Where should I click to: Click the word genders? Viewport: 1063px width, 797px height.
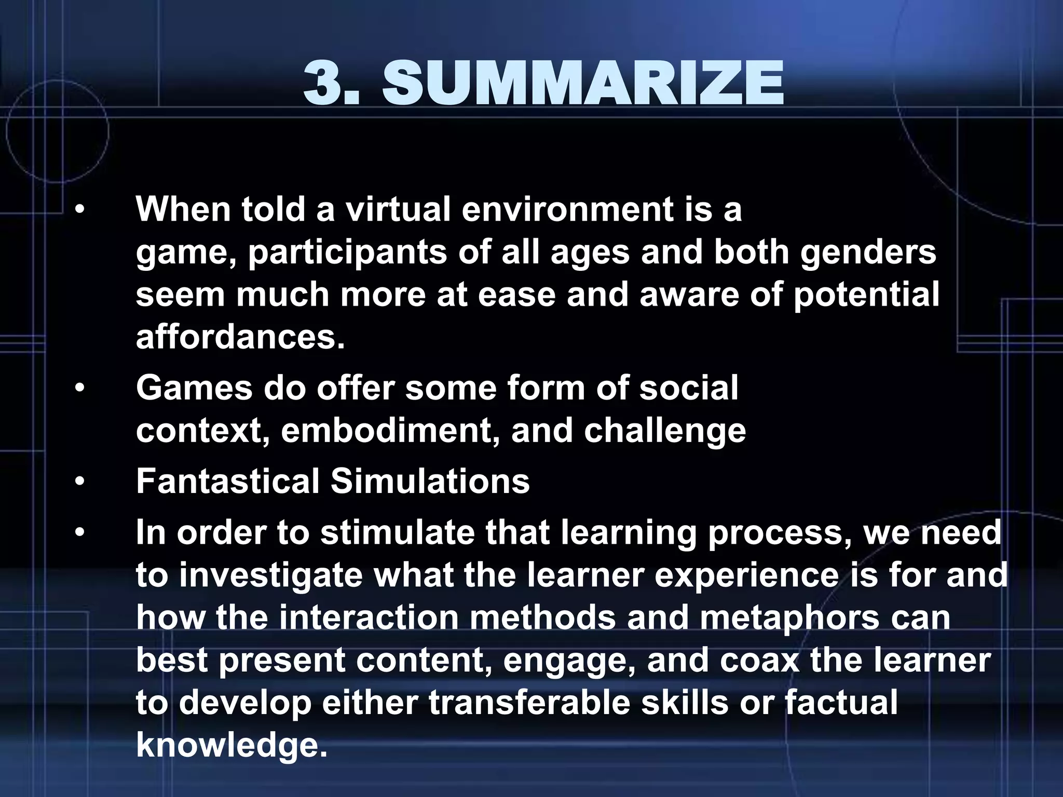click(868, 253)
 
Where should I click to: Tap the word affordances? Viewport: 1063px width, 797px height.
click(240, 338)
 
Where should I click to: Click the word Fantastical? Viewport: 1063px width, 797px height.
click(227, 482)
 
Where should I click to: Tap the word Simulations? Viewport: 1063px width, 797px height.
click(430, 482)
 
